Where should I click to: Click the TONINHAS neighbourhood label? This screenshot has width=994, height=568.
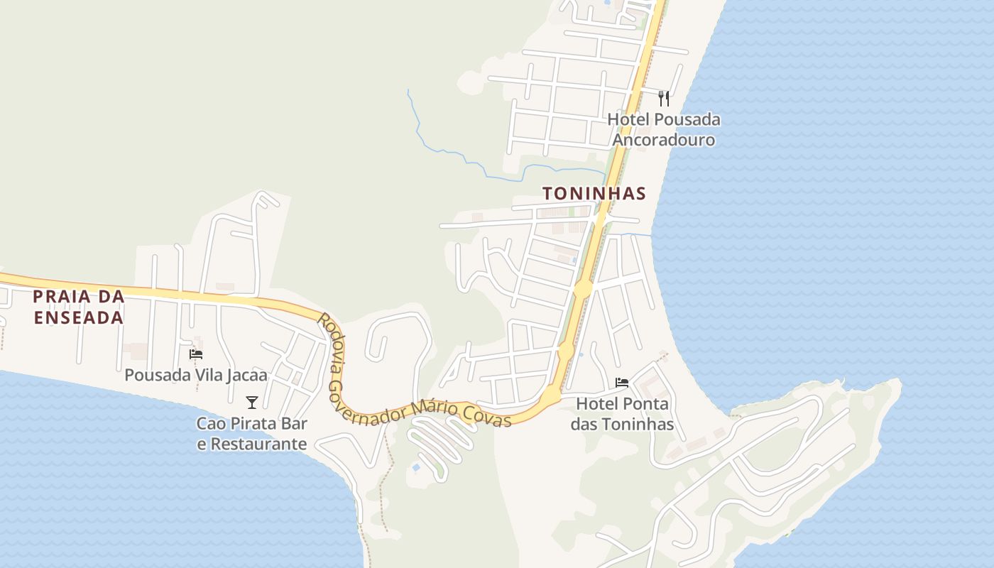pos(594,193)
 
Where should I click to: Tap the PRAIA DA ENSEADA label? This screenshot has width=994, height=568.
pos(79,307)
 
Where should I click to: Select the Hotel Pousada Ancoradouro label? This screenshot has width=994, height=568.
pos(664,129)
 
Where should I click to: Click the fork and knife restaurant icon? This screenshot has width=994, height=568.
pos(664,98)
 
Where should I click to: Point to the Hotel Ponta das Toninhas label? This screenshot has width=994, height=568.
pos(623,414)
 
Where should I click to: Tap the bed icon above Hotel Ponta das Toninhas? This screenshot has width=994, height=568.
pos(622,383)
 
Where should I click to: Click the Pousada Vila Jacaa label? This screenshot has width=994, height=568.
pos(196,375)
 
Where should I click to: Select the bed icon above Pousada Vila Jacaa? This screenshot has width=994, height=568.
pos(196,354)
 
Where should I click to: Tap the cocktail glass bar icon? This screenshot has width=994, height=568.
pos(252,403)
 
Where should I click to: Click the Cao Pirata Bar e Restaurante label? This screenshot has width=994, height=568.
pos(252,434)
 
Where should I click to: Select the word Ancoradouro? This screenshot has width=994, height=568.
pos(664,139)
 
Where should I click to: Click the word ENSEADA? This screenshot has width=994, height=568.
pos(79,317)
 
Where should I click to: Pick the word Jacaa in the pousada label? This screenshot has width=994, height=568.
pos(247,375)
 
